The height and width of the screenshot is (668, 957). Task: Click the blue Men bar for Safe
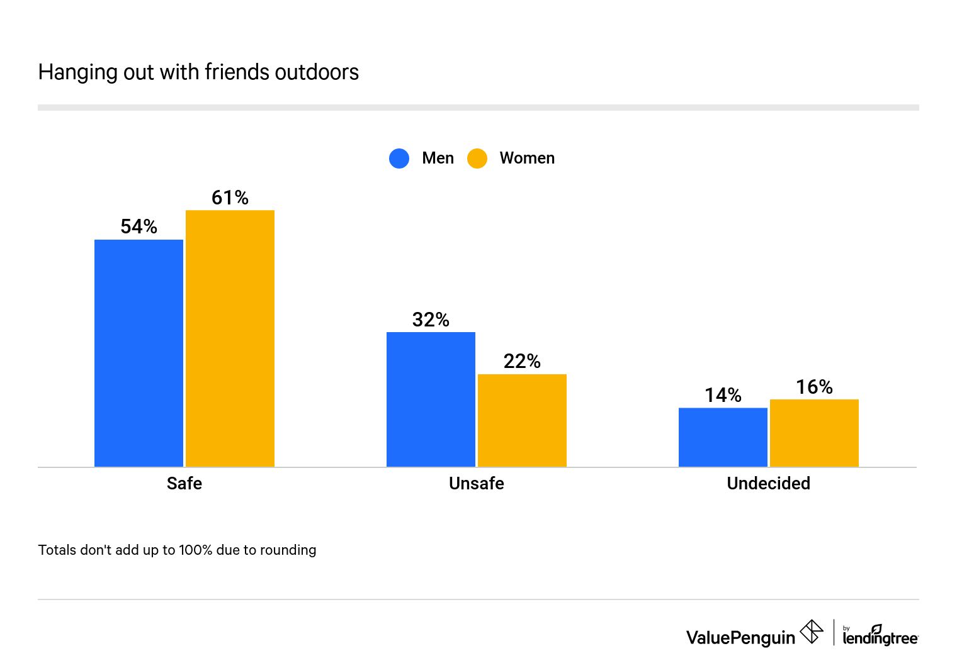(x=139, y=353)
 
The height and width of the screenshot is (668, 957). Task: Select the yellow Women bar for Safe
(x=230, y=338)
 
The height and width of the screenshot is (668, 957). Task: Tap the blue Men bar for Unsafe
(x=431, y=399)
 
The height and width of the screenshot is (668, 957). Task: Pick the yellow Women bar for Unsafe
(x=522, y=420)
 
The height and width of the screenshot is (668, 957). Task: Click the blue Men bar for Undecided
(x=723, y=437)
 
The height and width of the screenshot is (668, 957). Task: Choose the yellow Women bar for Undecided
(x=814, y=433)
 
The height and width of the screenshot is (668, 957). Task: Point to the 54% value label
(x=139, y=226)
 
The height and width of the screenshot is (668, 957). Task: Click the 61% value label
(x=230, y=198)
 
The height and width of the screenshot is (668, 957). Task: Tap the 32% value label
(x=431, y=320)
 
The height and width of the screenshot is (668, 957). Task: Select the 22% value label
(x=522, y=361)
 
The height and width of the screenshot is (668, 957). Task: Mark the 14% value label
(x=723, y=395)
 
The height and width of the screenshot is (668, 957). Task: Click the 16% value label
(x=814, y=387)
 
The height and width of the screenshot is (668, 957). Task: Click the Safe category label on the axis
(x=184, y=483)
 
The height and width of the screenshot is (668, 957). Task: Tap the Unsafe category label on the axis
(x=477, y=483)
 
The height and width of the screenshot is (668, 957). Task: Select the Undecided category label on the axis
(x=768, y=483)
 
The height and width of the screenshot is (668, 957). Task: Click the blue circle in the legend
(x=399, y=159)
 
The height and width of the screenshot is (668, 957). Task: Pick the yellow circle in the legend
(x=477, y=159)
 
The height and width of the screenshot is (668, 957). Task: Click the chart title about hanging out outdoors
(x=198, y=72)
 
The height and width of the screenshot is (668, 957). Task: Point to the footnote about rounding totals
(x=177, y=550)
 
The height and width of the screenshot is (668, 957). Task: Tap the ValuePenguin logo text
(x=740, y=637)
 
